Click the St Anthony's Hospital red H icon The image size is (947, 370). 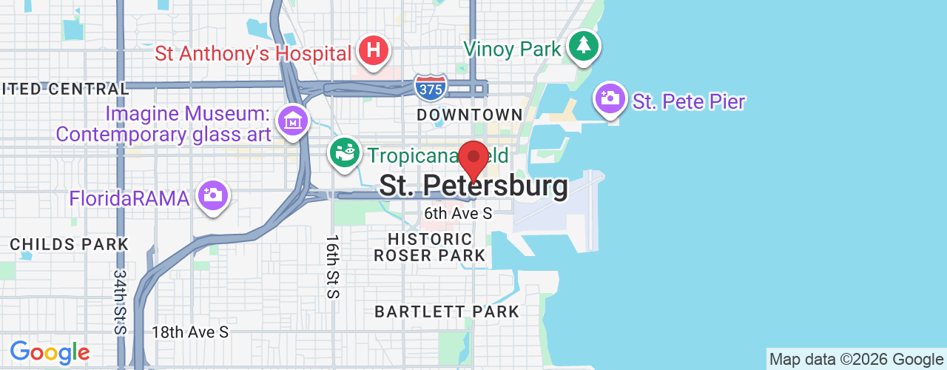pyautogui.click(x=374, y=51)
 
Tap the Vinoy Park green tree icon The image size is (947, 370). pyautogui.click(x=584, y=45)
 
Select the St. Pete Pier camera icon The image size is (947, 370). pyautogui.click(x=610, y=98)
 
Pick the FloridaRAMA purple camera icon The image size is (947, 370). pyautogui.click(x=213, y=195)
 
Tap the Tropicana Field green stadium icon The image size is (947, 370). pyautogui.click(x=344, y=152)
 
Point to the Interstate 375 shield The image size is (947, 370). pyautogui.click(x=430, y=87)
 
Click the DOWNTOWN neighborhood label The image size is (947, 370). pyautogui.click(x=470, y=115)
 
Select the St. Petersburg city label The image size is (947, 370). pyautogui.click(x=473, y=186)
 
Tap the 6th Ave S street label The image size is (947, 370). pyautogui.click(x=458, y=213)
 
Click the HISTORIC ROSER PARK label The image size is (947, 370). pyautogui.click(x=430, y=247)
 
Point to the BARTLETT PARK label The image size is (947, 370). pyautogui.click(x=447, y=312)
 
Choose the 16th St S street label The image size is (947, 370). pyautogui.click(x=331, y=266)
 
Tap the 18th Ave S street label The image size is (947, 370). pyautogui.click(x=190, y=332)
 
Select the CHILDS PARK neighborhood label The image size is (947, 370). pyautogui.click(x=70, y=244)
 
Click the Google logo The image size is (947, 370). pyautogui.click(x=50, y=353)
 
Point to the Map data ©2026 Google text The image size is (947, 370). pyautogui.click(x=856, y=360)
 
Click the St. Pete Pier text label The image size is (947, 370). pyautogui.click(x=688, y=101)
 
